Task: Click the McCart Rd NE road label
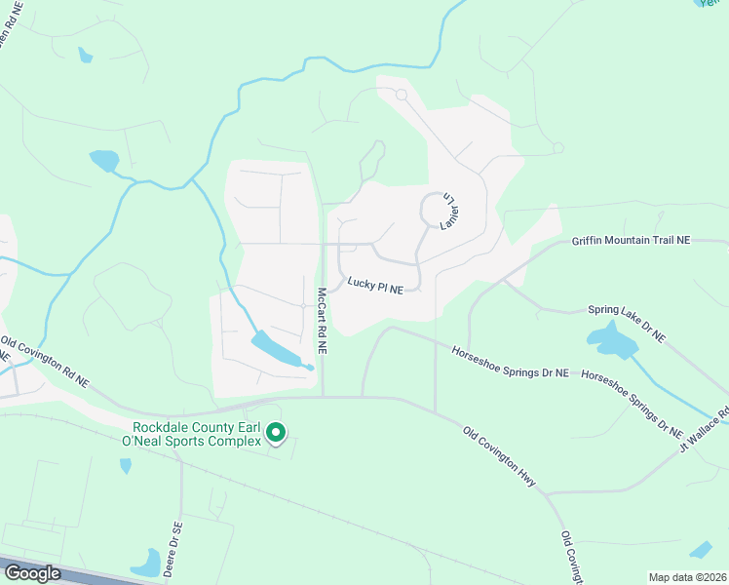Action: [320, 320]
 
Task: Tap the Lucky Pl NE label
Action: [382, 284]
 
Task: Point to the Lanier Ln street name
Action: [451, 209]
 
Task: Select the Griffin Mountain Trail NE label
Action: [649, 240]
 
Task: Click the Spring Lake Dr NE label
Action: [626, 324]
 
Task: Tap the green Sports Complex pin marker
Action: [276, 432]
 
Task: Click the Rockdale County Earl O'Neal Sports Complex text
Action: [198, 434]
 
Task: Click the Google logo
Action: [32, 572]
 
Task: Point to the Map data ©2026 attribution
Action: [687, 577]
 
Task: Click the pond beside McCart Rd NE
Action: [277, 351]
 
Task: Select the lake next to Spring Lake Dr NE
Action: [610, 340]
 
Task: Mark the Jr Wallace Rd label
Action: [703, 430]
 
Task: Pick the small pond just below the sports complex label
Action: [126, 466]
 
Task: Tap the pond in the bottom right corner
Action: [701, 550]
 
